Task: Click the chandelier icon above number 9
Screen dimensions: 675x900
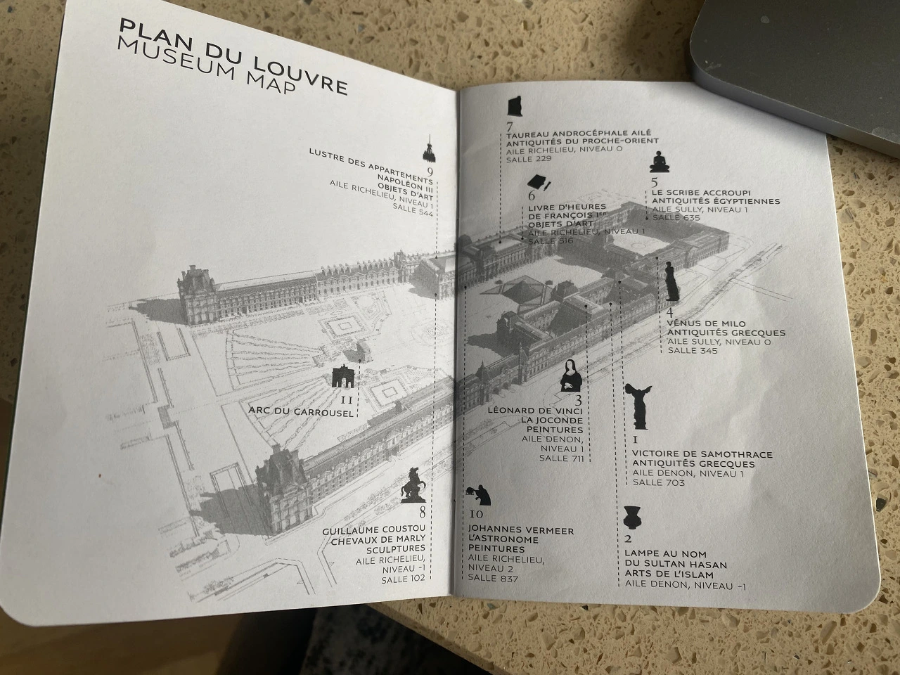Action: (x=426, y=149)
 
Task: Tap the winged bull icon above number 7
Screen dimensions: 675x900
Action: (x=514, y=107)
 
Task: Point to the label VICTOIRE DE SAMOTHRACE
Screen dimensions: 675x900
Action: (x=702, y=454)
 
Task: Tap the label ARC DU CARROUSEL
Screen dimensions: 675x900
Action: (x=301, y=413)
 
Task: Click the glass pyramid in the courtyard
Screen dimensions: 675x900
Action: (x=519, y=290)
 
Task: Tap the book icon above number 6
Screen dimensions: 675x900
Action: (x=539, y=181)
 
